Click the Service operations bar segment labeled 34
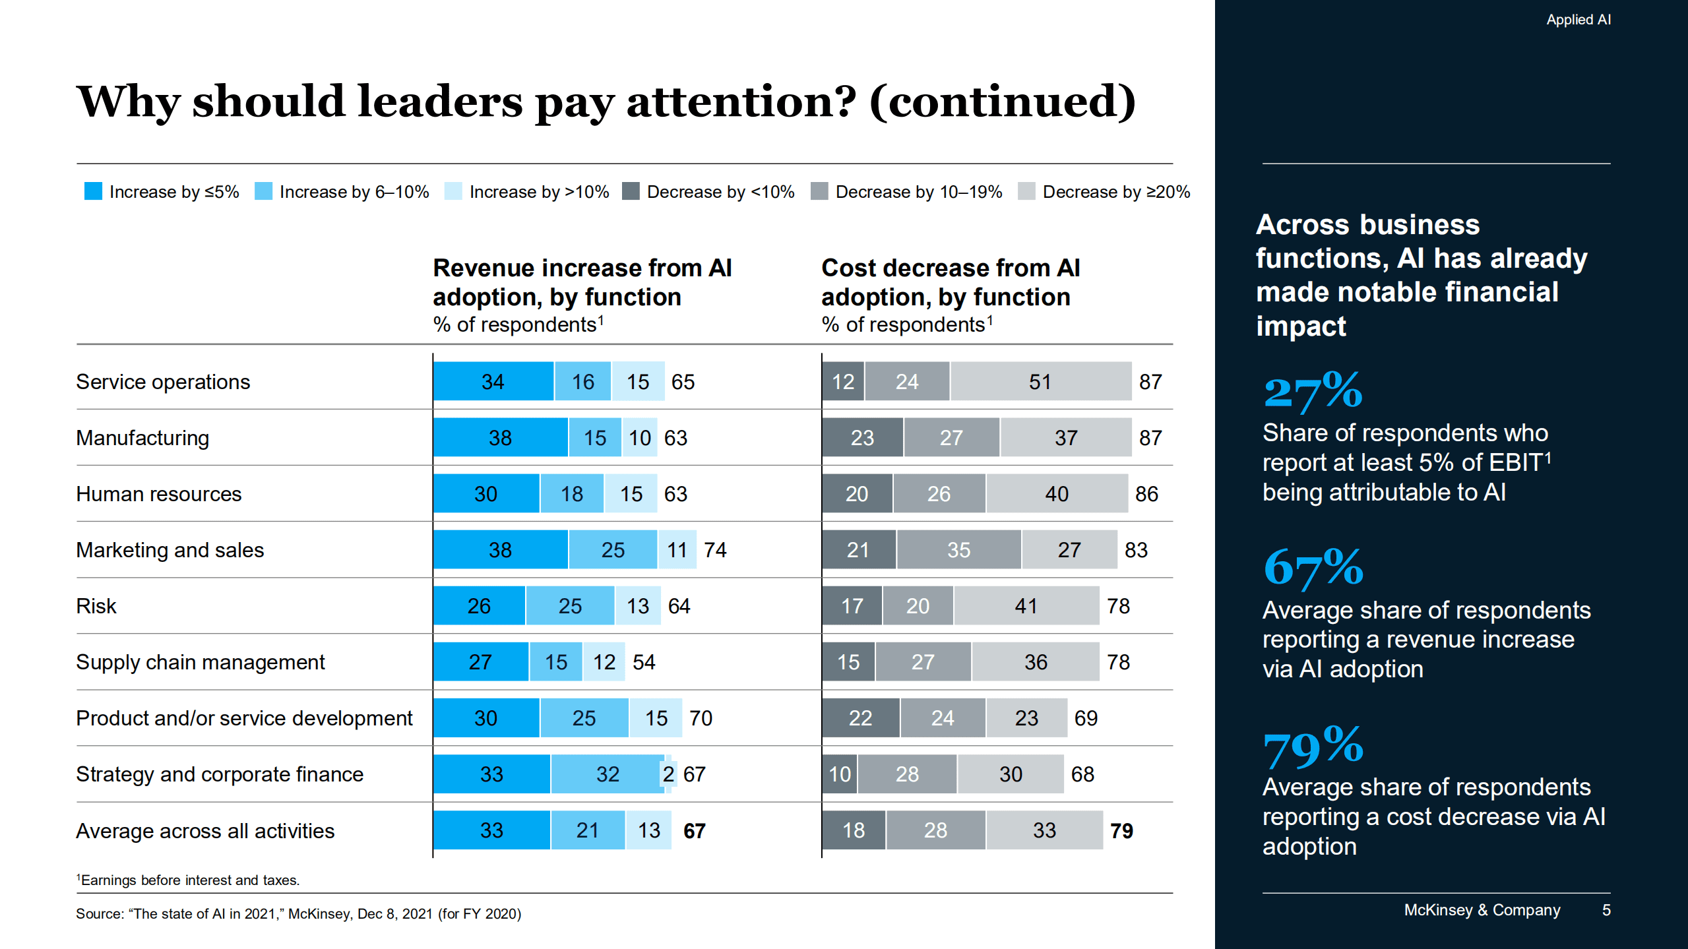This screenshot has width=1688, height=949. (x=493, y=381)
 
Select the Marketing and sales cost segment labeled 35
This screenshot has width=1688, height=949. (x=958, y=549)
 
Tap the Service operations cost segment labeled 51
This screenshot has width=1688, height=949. (x=1040, y=381)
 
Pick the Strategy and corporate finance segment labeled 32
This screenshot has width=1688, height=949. (x=607, y=774)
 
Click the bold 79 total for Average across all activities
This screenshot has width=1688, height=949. (x=1121, y=830)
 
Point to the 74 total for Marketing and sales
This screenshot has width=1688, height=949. (x=715, y=549)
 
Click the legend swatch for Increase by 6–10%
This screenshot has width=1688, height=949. (x=263, y=191)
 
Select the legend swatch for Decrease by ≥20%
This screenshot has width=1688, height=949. (x=1026, y=191)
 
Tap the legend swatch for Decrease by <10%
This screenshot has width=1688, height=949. (x=631, y=191)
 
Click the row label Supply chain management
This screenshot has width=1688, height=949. (x=201, y=661)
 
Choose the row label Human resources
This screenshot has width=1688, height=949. (x=159, y=493)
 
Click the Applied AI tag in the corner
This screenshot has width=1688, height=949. (x=1578, y=20)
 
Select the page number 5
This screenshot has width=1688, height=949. (x=1606, y=910)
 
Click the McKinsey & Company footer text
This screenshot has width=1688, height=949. (x=1482, y=910)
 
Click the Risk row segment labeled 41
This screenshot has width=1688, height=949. (x=1026, y=605)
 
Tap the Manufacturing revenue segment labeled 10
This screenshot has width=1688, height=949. (x=639, y=437)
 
